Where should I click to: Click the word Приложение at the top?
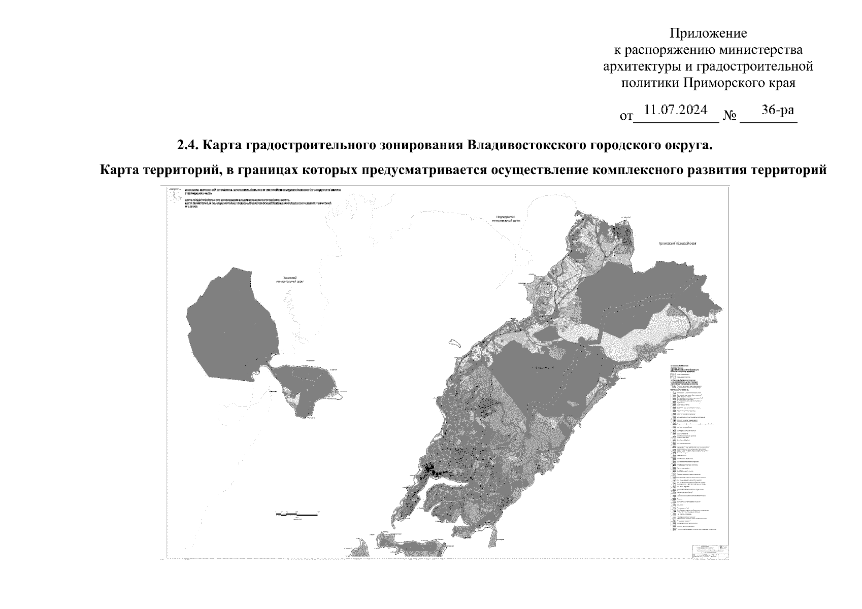[708, 33]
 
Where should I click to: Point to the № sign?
[730, 116]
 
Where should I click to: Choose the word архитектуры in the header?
[641, 66]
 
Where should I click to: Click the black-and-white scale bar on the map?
[297, 515]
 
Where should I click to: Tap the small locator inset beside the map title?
[176, 196]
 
